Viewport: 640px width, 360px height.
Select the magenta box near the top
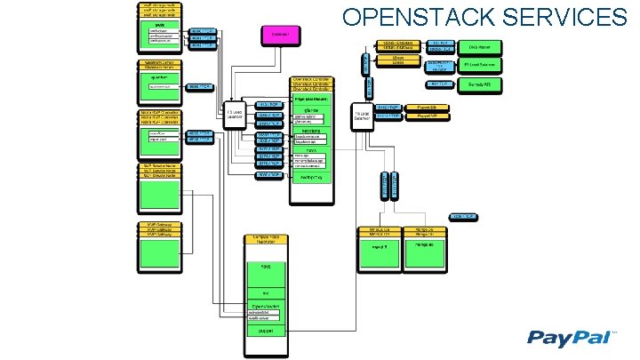coord(276,35)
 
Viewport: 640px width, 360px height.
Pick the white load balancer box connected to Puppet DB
coord(363,118)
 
